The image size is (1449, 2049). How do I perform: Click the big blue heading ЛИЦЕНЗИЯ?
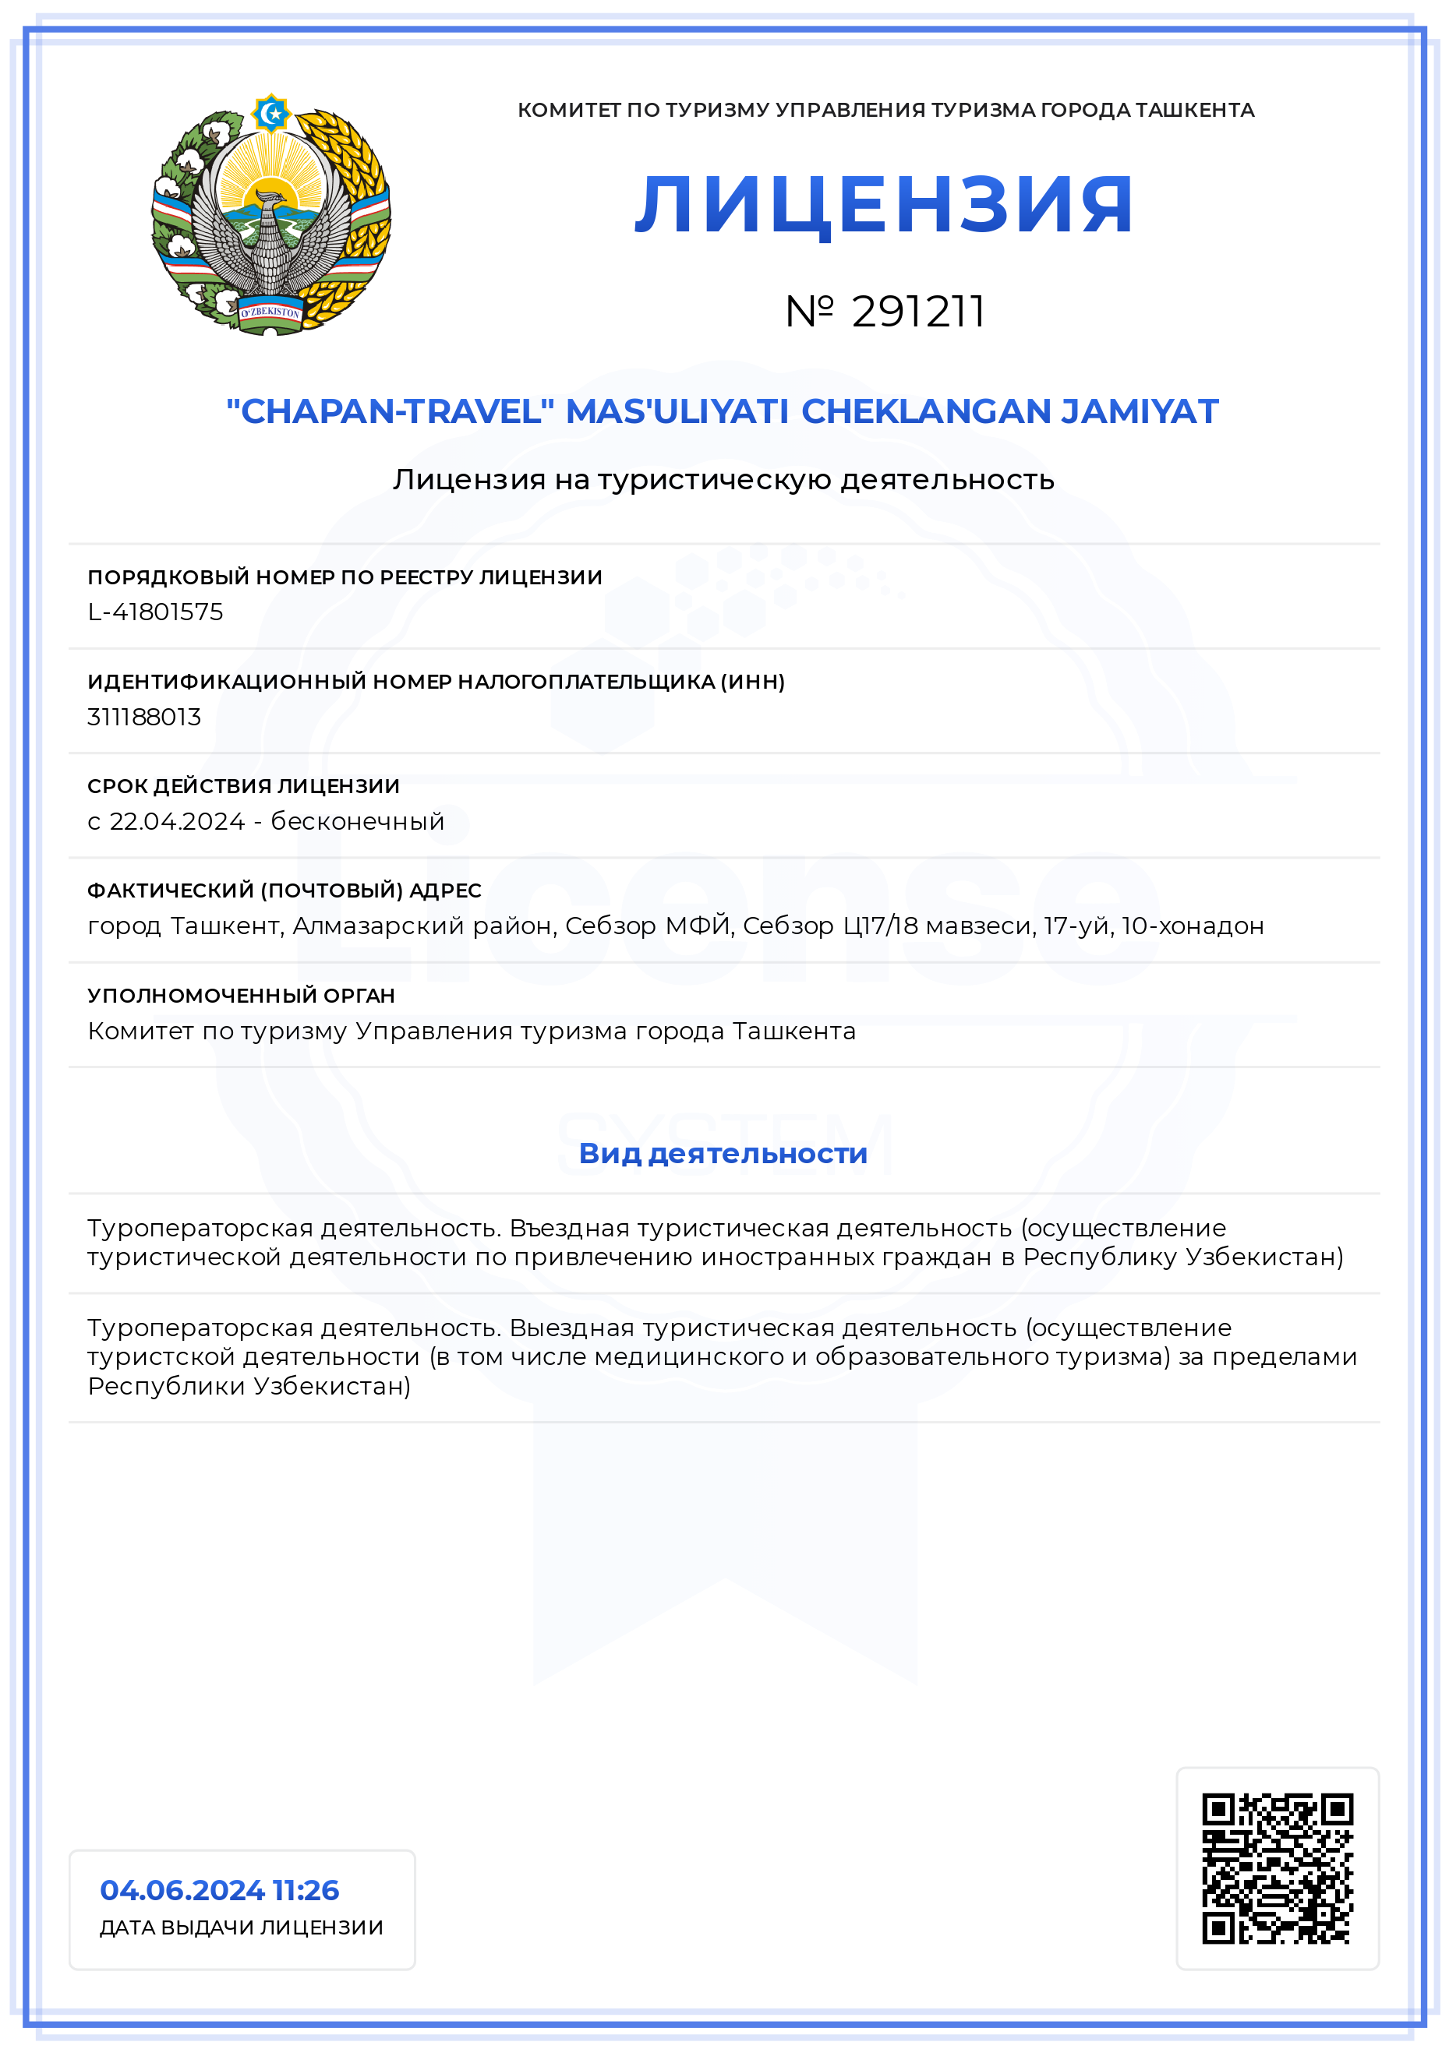coord(884,205)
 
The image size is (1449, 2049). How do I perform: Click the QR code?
coord(1277,1867)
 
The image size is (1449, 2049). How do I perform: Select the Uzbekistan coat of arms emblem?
coord(271,215)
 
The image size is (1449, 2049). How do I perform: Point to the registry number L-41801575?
coord(155,612)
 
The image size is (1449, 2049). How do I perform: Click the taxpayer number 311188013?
coord(145,717)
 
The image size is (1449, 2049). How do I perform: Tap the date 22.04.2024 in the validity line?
coord(177,821)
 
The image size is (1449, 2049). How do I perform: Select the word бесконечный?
coord(357,821)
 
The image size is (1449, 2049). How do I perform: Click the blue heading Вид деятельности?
coord(723,1153)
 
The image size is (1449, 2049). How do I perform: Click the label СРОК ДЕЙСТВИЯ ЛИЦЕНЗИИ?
coord(244,786)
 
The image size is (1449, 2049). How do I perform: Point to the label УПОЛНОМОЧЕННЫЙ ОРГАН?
coord(241,995)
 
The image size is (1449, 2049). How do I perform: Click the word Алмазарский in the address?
coord(379,926)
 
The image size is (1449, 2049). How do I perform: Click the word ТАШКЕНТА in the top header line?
coord(1195,110)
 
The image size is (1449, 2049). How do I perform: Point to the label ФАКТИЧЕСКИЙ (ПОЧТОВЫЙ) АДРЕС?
coord(284,890)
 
